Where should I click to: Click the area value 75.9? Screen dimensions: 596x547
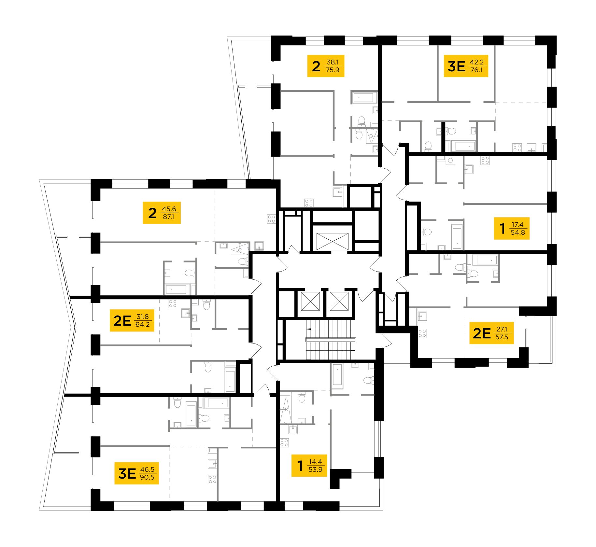332,70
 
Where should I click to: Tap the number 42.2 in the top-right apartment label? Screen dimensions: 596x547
476,62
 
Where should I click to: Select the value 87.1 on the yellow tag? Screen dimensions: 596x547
168,217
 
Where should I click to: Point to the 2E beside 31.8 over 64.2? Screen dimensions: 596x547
122,321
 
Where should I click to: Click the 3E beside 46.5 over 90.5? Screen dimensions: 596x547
127,473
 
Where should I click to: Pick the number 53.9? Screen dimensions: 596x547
315,470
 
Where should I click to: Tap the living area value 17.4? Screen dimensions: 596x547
517,224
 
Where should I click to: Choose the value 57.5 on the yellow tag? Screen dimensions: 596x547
502,337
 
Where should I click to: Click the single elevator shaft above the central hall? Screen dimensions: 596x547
332,241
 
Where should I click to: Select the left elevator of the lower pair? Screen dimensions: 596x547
310,301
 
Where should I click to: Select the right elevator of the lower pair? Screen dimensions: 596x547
339,301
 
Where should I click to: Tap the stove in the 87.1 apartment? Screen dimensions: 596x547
271,219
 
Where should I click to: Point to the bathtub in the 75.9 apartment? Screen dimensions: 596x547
363,97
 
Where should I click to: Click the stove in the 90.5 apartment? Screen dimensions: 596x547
212,479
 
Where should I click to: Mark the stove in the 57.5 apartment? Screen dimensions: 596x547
422,333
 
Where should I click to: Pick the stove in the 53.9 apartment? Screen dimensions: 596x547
284,443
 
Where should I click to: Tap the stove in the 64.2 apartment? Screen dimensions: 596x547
172,304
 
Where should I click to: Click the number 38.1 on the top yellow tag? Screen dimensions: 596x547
333,62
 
